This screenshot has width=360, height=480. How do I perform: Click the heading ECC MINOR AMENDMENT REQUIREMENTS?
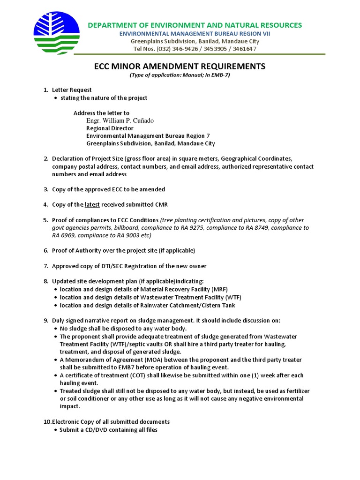tap(180, 66)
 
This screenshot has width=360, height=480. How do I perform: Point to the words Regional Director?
tap(110, 128)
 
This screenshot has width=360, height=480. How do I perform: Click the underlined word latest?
tap(92, 204)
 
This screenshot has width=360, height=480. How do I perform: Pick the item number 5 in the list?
tap(45, 220)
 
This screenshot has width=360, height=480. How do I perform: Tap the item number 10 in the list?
tap(47, 422)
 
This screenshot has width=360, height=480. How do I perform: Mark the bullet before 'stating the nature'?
tap(56, 98)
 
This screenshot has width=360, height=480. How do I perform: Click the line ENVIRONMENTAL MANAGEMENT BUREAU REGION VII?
tap(195, 34)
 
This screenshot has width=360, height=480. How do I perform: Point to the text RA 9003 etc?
tap(135, 235)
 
